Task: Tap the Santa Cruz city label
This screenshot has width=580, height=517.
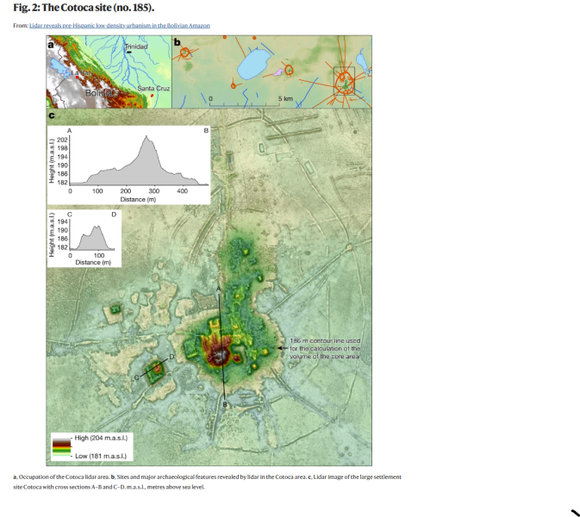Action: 153,89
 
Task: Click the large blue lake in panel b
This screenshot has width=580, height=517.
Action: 256,63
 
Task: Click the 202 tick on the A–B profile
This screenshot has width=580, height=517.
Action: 62,140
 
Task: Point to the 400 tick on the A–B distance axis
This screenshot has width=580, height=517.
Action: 183,190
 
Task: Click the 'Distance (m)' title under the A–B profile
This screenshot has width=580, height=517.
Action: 138,199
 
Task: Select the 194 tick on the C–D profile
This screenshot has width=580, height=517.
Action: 62,222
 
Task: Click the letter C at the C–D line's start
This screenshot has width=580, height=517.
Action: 134,377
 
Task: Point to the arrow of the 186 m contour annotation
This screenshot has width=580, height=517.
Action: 279,348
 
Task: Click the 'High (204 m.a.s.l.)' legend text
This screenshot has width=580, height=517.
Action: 101,439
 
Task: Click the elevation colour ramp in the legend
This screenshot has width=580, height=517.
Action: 60,446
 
